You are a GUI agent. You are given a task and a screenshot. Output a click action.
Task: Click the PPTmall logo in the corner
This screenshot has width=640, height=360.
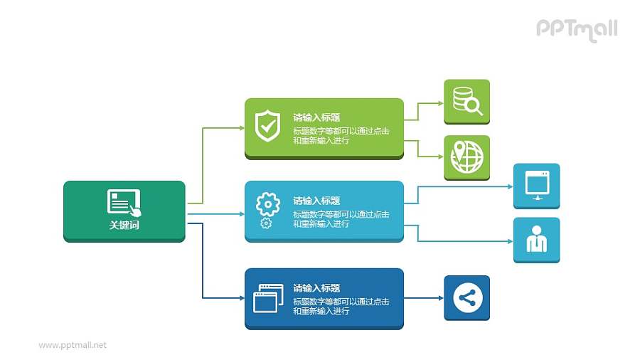[577, 29]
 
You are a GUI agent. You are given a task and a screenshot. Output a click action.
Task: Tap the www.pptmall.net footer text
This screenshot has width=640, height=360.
[73, 345]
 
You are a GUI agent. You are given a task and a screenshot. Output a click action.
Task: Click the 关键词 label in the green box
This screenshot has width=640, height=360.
[124, 225]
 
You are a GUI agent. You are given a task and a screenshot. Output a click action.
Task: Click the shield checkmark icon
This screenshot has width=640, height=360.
[267, 126]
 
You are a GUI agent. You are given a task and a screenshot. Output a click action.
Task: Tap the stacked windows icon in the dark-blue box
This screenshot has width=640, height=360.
[267, 298]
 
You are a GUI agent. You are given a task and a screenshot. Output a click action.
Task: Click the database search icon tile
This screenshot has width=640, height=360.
[467, 102]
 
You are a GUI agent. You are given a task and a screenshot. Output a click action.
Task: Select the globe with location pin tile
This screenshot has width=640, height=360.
[467, 157]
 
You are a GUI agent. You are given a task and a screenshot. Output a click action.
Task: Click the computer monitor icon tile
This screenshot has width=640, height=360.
[537, 185]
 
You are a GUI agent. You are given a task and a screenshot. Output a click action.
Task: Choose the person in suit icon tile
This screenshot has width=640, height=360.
[537, 240]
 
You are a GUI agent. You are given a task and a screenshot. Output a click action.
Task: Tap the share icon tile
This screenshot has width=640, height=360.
[467, 298]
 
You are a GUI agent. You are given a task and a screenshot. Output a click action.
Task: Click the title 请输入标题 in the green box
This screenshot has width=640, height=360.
[316, 117]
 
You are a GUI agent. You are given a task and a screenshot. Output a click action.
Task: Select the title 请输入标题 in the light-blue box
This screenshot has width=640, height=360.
[316, 201]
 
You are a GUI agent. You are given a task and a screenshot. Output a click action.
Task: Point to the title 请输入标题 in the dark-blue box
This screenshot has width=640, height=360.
[316, 288]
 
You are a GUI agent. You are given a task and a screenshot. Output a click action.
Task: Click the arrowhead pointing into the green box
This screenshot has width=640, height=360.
[241, 128]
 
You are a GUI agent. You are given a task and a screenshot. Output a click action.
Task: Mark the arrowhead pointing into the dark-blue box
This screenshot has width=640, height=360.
[241, 298]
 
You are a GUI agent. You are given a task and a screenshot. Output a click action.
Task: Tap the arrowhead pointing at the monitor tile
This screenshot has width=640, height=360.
[510, 186]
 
